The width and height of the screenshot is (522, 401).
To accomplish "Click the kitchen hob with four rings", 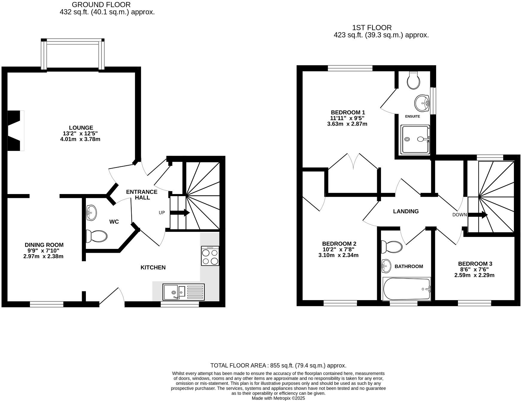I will tap(210, 256).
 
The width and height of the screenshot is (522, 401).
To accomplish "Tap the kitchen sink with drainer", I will tap(183, 292).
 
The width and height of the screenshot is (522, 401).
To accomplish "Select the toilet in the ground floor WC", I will tap(96, 236).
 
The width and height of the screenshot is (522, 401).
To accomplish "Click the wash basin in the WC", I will tap(91, 213).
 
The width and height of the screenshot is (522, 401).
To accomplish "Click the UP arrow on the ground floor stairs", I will tap(180, 213).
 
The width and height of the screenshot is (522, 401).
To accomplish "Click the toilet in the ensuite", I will tap(414, 80).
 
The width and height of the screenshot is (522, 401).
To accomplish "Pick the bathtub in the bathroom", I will tap(406, 289).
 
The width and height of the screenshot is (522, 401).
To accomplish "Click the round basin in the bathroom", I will tap(386, 266).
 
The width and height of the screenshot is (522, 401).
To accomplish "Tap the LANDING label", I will tap(406, 211).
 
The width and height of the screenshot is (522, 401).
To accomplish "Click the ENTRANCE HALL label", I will tap(142, 195).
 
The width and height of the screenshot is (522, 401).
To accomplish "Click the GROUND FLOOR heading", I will tap(101, 5).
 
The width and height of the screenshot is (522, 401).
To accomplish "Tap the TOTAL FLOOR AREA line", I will tap(278, 365).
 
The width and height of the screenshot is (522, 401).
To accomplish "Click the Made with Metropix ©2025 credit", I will tap(278, 398).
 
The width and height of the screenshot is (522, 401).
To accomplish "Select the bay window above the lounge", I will tap(73, 54).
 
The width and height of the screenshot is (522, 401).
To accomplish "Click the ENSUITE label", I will tap(412, 116).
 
